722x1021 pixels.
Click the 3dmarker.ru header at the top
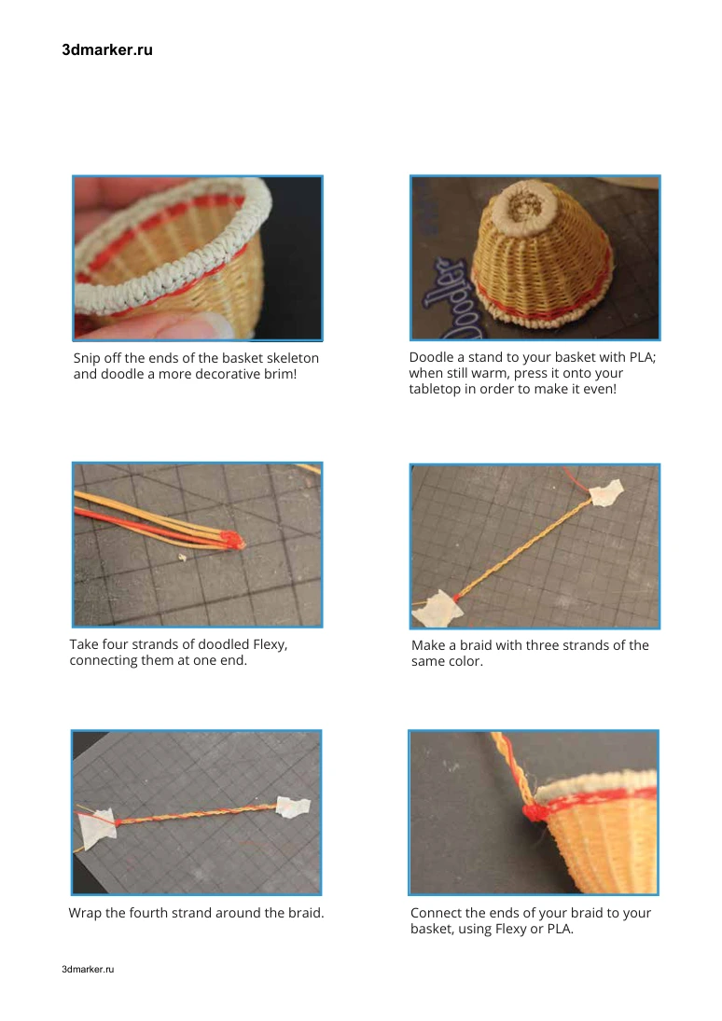pyautogui.click(x=107, y=50)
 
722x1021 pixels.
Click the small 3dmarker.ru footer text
pyautogui.click(x=88, y=969)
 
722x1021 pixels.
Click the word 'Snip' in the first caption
pyautogui.click(x=87, y=358)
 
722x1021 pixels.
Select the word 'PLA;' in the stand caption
pyautogui.click(x=642, y=357)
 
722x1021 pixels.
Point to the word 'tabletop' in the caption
pyautogui.click(x=436, y=390)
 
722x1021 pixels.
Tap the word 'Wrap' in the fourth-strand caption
pyautogui.click(x=85, y=913)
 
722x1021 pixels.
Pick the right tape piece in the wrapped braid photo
pyautogui.click(x=292, y=807)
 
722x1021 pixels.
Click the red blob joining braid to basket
pyautogui.click(x=535, y=812)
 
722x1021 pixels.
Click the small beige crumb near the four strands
pyautogui.click(x=183, y=558)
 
